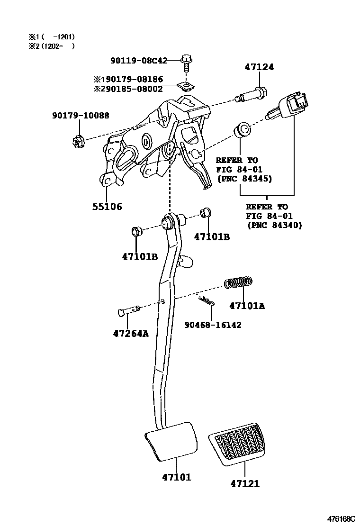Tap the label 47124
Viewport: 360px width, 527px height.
click(x=259, y=68)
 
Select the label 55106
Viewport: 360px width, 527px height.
click(x=107, y=206)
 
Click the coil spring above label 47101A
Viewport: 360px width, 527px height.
click(x=238, y=283)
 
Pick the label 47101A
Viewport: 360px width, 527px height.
click(x=247, y=306)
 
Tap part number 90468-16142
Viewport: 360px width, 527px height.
click(x=213, y=325)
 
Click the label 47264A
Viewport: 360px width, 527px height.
click(x=131, y=333)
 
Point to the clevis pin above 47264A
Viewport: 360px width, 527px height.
click(x=128, y=310)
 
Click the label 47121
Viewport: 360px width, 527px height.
click(x=245, y=483)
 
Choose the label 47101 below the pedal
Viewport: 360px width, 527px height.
click(x=176, y=477)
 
